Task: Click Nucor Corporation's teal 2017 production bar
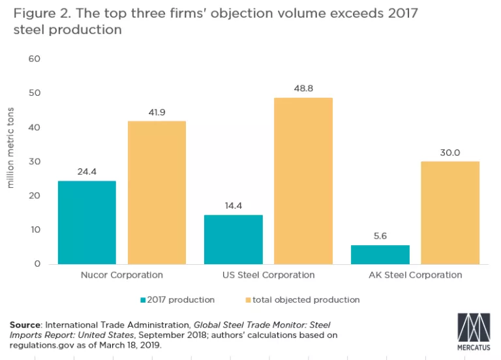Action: (x=87, y=222)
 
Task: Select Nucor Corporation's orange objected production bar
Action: (x=157, y=192)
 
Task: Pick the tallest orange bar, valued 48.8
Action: (x=303, y=181)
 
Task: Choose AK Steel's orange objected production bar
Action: (x=450, y=213)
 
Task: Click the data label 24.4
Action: (x=87, y=172)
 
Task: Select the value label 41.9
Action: (x=157, y=112)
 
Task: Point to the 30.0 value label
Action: (x=450, y=153)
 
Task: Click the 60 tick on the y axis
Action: (x=34, y=59)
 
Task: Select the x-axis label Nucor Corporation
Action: (x=121, y=275)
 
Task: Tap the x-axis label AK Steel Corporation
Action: (x=415, y=275)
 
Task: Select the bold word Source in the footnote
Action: (x=25, y=325)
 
